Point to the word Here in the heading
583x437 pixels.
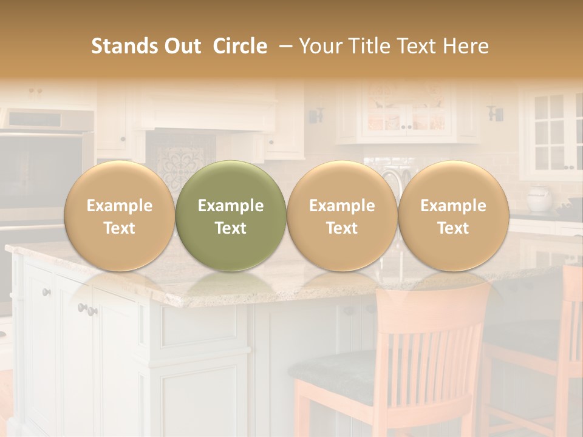coord(466,46)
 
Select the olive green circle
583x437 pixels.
coord(231,216)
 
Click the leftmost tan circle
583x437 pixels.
coord(119,216)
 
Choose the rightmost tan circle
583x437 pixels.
coord(453,216)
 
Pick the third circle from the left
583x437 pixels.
coord(342,216)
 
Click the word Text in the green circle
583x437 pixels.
coord(231,228)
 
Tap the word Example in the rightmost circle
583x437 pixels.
coord(453,206)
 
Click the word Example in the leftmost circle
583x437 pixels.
coord(119,206)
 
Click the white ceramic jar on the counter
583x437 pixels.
coord(539,198)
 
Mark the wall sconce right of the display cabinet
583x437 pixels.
coord(496,113)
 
